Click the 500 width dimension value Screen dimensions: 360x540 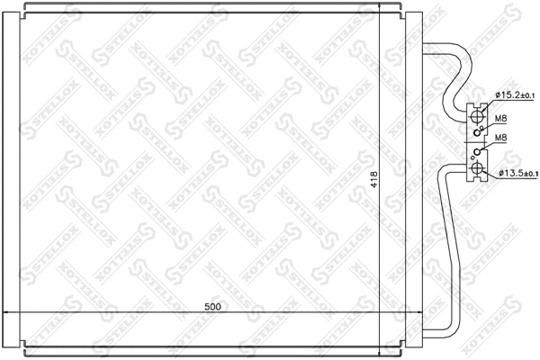pyautogui.click(x=213, y=306)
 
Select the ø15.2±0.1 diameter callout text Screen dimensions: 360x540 pyautogui.click(x=515, y=95)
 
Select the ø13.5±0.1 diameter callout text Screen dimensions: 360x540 pyautogui.click(x=516, y=174)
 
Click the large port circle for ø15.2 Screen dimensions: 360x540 pyautogui.click(x=477, y=115)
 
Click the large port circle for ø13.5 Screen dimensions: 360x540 pyautogui.click(x=477, y=168)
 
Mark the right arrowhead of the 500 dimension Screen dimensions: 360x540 pyautogui.click(x=417, y=312)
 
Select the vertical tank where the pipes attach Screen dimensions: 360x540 pyautogui.click(x=410, y=180)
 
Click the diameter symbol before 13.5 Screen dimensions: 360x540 pyautogui.click(x=498, y=174)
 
